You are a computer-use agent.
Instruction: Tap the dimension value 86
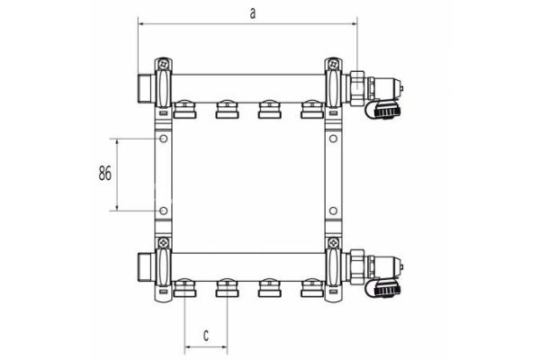(x=104, y=175)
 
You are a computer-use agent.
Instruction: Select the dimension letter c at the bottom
(x=205, y=335)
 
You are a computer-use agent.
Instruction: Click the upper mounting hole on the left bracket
(x=163, y=140)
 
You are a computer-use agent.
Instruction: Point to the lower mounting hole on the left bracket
(x=163, y=212)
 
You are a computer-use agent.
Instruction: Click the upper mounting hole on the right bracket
(x=333, y=140)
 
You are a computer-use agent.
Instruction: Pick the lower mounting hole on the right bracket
(x=333, y=212)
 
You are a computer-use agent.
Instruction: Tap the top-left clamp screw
(x=163, y=65)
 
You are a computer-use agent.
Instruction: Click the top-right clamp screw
(x=333, y=65)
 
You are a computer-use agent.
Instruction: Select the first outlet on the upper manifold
(x=184, y=110)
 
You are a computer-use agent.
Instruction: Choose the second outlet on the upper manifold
(x=225, y=110)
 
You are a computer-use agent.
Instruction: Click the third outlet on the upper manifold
(x=267, y=110)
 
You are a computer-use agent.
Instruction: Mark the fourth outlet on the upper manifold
(x=310, y=110)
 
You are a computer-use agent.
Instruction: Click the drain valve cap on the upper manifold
(x=384, y=113)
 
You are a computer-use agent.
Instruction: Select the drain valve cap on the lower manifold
(x=384, y=291)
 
